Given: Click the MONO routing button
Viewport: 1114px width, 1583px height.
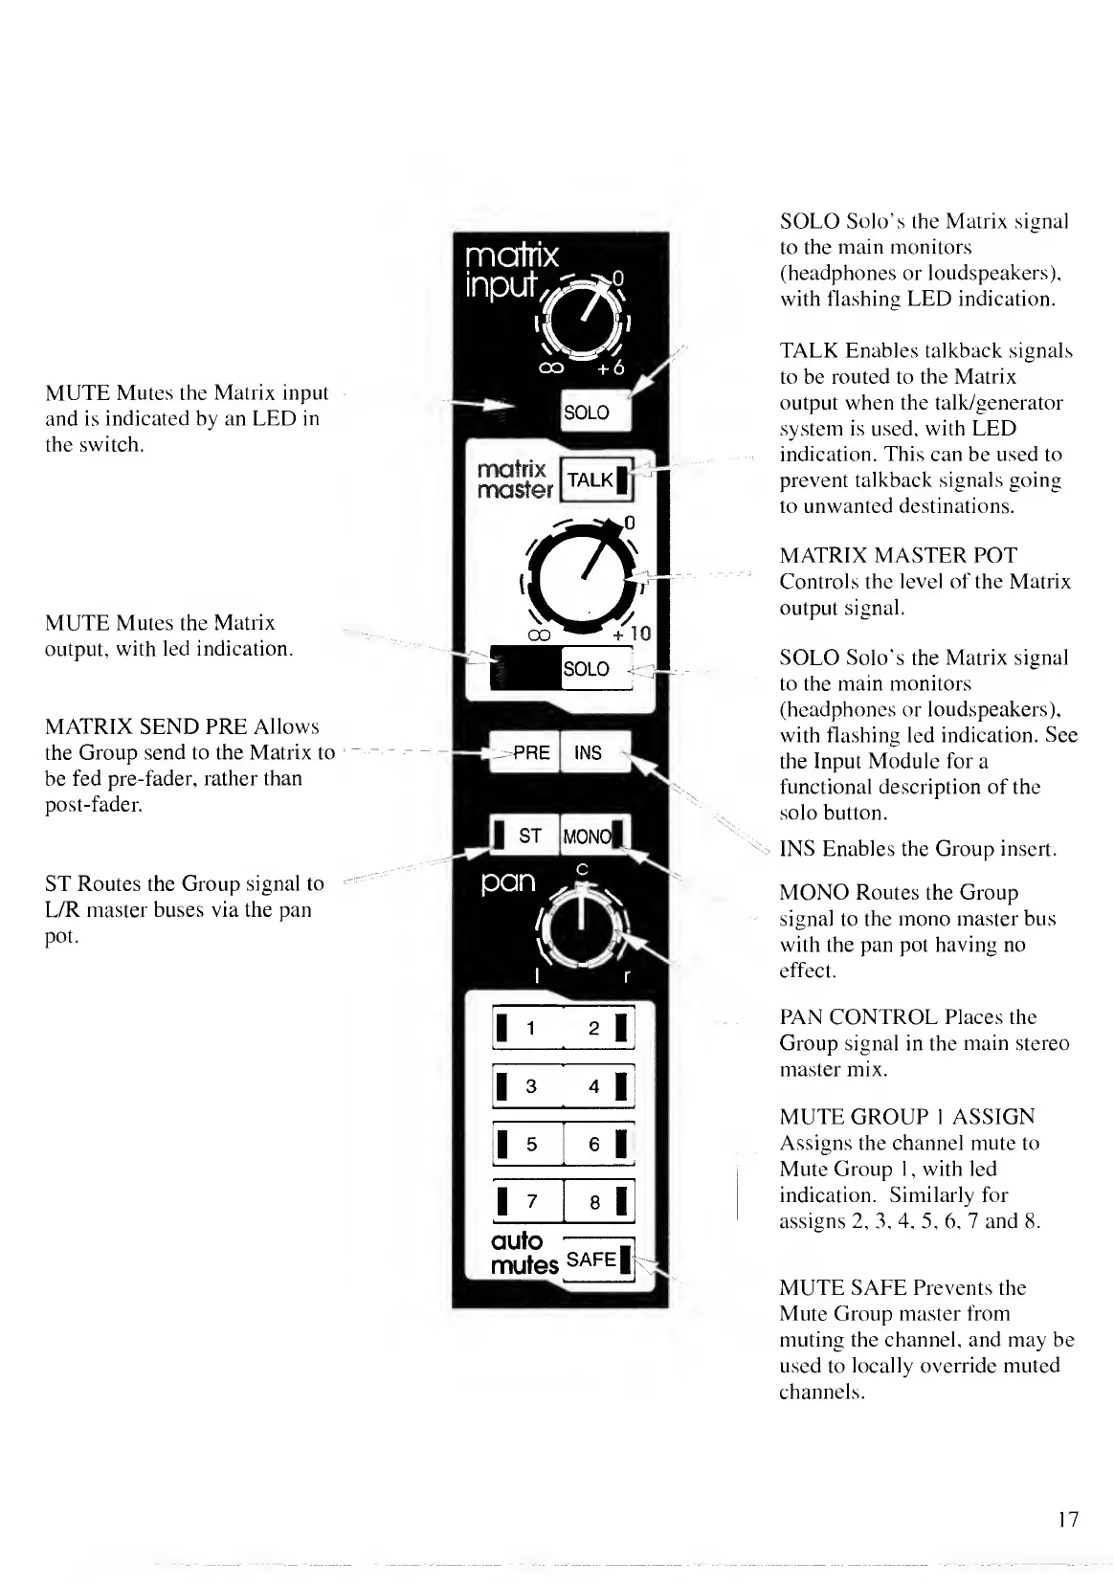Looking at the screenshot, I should click(x=591, y=836).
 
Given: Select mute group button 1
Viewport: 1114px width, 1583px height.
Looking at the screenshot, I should click(x=526, y=1029).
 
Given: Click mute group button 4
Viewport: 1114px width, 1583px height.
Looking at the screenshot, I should click(x=598, y=1087).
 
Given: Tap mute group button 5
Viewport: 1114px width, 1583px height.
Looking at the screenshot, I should click(x=526, y=1145).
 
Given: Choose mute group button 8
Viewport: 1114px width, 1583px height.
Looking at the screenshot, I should click(x=598, y=1202).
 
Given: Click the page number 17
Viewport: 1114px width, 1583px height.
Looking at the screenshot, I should click(x=1068, y=1519).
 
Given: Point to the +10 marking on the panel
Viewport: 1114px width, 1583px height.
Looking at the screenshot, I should click(x=632, y=634).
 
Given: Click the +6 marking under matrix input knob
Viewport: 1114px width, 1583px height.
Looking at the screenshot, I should click(x=612, y=369).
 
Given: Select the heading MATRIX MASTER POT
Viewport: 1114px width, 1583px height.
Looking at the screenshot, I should click(x=898, y=556).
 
